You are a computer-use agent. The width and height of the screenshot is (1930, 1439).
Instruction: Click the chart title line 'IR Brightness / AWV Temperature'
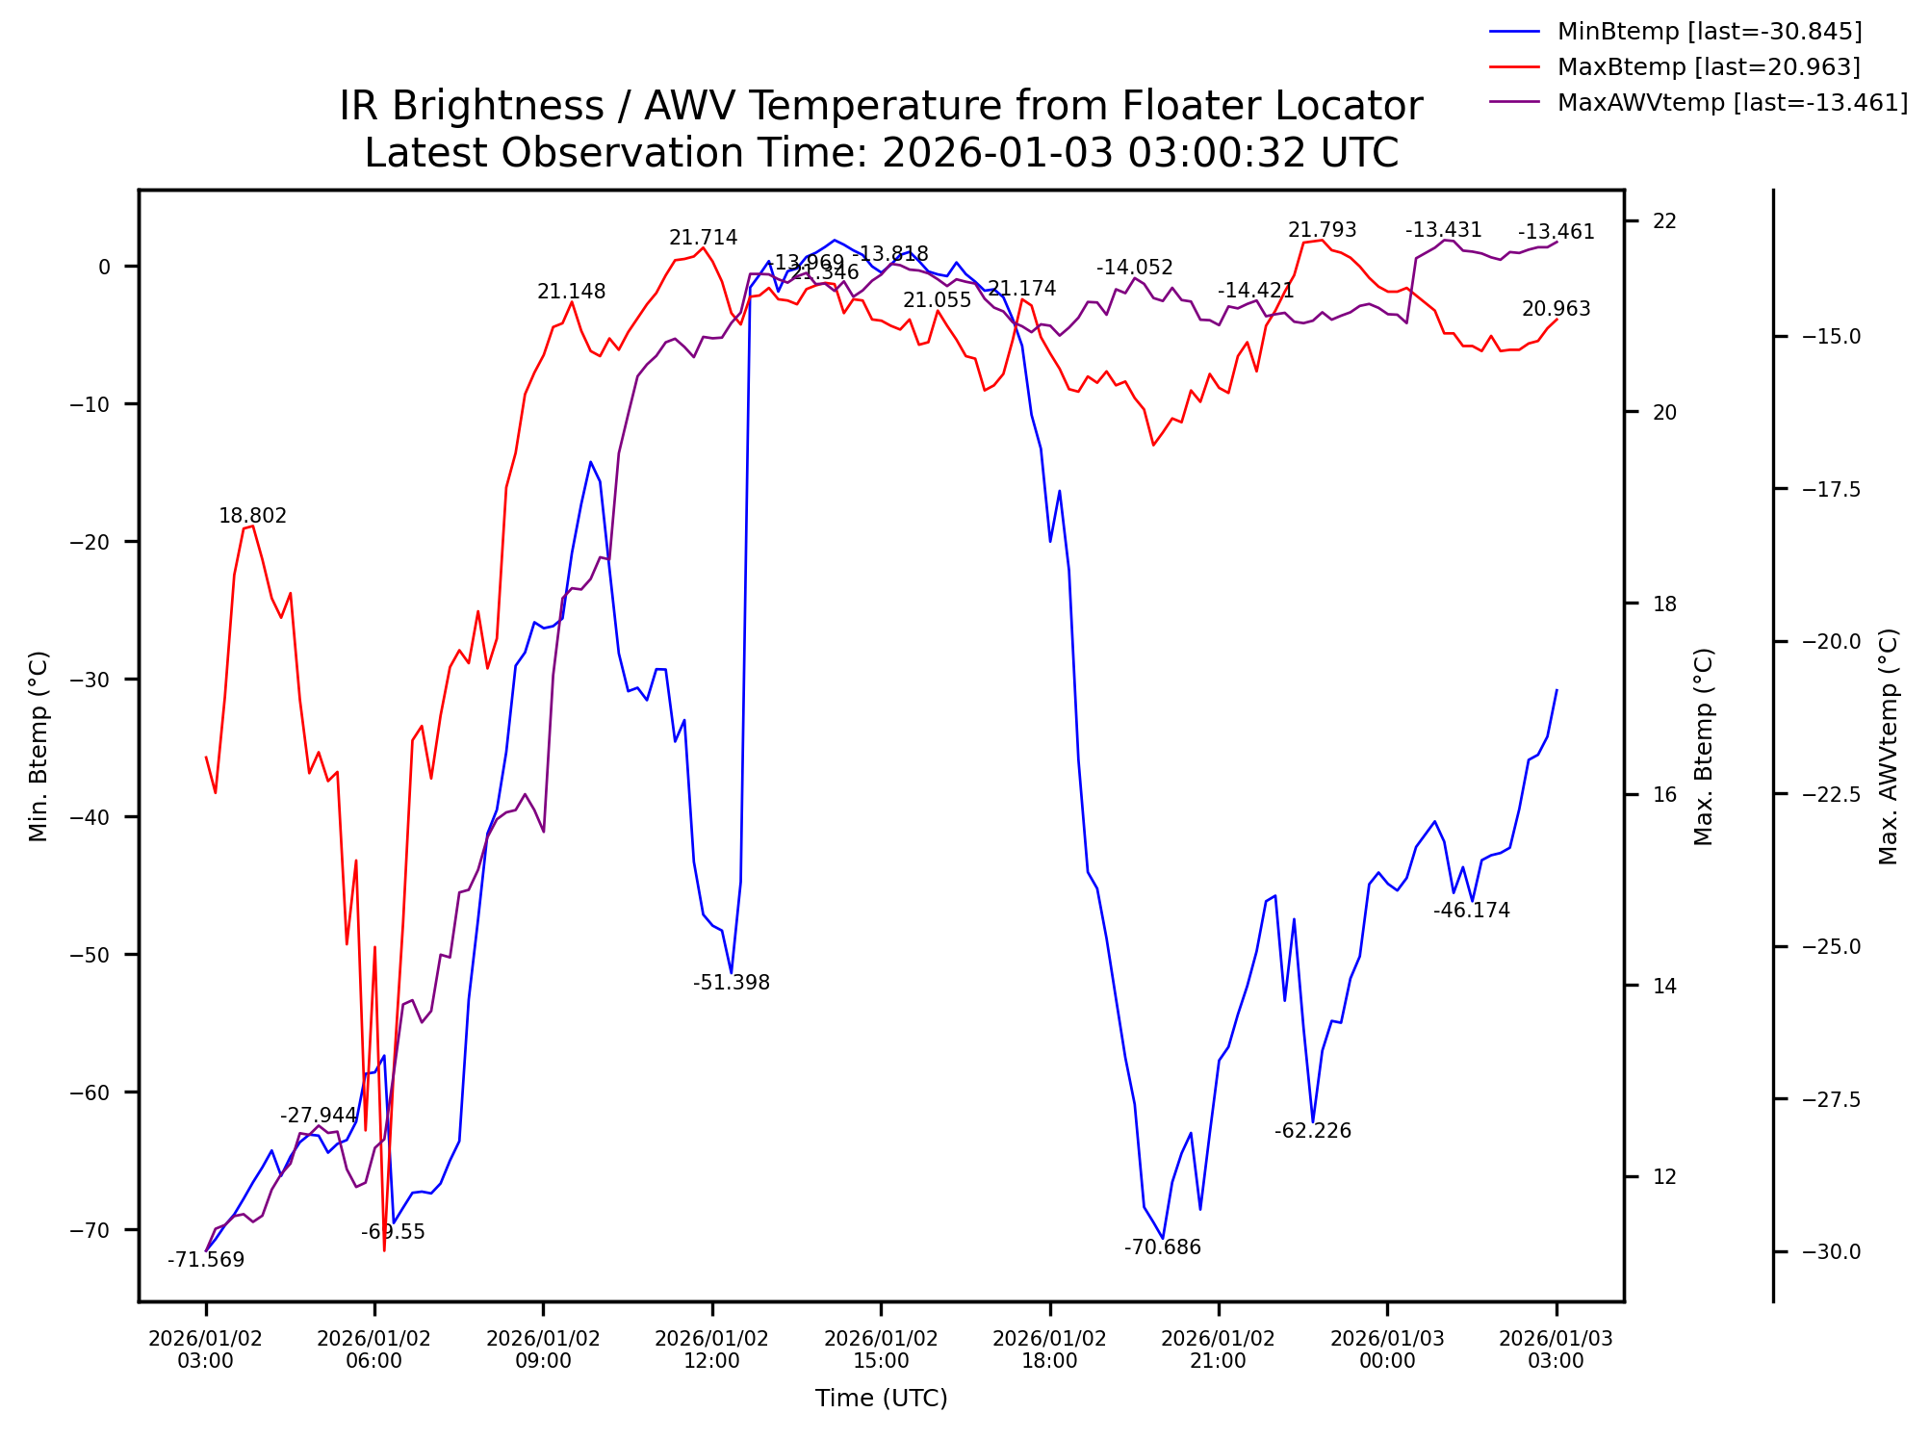(881, 106)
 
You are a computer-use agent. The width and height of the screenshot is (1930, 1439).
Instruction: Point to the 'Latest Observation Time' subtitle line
(881, 153)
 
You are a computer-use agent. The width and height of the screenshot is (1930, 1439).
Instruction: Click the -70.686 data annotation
(1163, 1247)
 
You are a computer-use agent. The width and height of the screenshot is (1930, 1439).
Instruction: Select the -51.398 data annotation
(732, 983)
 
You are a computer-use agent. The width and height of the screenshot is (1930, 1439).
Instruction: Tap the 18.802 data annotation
(252, 516)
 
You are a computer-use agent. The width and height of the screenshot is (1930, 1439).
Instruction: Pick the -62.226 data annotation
(1313, 1131)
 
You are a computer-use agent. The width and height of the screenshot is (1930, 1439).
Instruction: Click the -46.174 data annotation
(1472, 911)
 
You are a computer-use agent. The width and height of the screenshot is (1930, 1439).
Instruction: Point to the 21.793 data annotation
(1323, 230)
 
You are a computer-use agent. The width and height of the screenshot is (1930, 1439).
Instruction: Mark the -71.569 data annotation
(206, 1260)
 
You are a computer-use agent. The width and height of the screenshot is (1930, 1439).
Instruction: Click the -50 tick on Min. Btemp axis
(91, 955)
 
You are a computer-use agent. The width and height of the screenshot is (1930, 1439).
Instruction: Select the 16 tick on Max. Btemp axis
(1664, 795)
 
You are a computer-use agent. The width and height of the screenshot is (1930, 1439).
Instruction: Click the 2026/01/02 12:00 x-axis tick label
(712, 1349)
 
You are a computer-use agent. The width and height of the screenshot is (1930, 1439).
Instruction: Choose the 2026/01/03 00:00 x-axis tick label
(1387, 1349)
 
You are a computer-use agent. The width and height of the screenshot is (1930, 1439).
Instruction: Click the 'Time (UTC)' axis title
(881, 1399)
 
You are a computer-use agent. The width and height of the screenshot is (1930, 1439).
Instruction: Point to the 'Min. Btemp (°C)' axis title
(38, 746)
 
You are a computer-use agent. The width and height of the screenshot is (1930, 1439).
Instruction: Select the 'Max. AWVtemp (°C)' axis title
(1889, 746)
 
